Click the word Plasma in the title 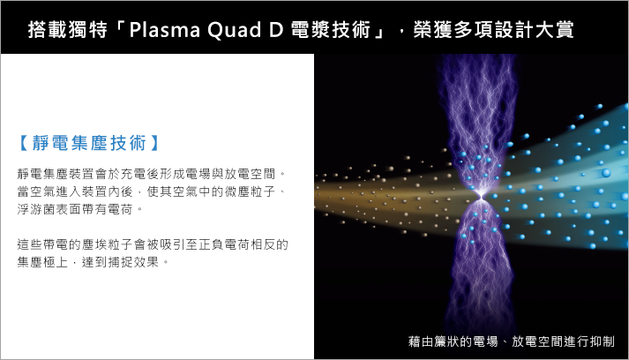164,29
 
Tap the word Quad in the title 235,30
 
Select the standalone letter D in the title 276,30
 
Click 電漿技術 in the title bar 330,29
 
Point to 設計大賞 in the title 534,29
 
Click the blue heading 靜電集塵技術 89,143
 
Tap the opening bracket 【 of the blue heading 24,143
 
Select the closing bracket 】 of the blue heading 154,143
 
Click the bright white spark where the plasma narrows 481,196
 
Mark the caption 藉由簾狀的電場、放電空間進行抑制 512,341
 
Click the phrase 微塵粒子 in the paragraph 250,191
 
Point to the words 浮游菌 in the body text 36,209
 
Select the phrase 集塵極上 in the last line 42,262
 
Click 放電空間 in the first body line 250,174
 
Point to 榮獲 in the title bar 433,29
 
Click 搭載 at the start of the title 48,29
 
